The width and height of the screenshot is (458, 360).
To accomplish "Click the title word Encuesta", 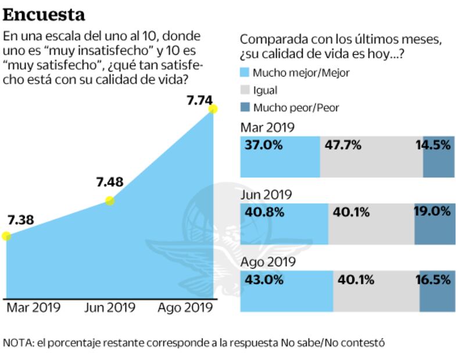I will (x=44, y=14).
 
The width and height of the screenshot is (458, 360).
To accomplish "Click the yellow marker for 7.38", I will (x=6, y=236).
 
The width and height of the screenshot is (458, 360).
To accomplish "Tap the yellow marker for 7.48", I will (x=109, y=201).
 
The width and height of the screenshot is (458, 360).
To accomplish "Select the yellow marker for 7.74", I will (x=213, y=109).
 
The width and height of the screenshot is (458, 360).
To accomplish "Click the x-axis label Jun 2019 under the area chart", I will (x=110, y=307).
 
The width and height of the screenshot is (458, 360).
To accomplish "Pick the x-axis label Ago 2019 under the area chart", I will (x=185, y=307).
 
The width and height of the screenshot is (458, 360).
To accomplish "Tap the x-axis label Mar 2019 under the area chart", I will (x=33, y=307).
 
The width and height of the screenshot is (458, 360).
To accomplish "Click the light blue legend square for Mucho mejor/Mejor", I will (x=245, y=73).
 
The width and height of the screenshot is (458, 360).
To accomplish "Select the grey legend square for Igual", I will (x=245, y=90).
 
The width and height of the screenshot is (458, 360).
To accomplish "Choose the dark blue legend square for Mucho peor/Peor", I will (x=245, y=107).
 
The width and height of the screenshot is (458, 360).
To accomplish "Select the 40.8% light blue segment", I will (x=284, y=224).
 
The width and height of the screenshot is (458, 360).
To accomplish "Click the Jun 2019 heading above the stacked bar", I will (x=266, y=195).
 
